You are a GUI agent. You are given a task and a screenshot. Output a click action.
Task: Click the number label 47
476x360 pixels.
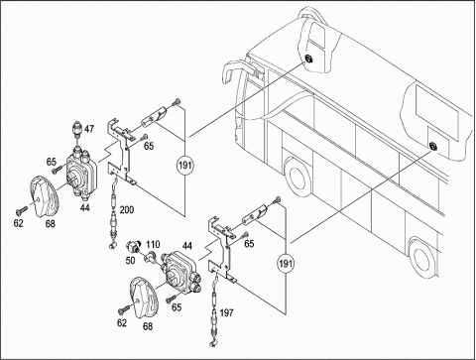click(x=89, y=129)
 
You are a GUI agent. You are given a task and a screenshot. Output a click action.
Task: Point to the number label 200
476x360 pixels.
click(x=127, y=209)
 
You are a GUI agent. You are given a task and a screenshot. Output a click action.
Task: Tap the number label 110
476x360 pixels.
click(x=153, y=245)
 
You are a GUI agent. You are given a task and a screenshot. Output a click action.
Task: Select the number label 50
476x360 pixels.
click(x=130, y=261)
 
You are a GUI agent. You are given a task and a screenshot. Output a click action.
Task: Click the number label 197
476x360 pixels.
click(x=226, y=312)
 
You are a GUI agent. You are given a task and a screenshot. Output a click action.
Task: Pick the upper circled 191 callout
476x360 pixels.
click(x=185, y=165)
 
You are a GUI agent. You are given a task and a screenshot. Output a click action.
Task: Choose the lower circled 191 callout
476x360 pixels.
click(x=286, y=264)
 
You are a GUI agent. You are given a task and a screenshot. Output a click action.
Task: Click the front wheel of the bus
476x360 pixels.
click(x=297, y=177)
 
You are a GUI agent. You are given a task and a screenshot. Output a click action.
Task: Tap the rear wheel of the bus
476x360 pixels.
click(x=421, y=259)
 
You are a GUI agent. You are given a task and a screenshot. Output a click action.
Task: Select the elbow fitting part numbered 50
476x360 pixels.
click(x=133, y=245)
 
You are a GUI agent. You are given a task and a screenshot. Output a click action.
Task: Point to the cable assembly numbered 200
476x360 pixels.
click(x=114, y=211)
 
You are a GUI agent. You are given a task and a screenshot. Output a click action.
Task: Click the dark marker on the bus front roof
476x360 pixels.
click(x=308, y=60)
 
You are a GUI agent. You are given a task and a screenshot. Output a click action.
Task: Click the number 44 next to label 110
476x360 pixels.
click(x=187, y=246)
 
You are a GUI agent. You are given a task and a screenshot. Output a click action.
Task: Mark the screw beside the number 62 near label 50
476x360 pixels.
click(x=124, y=310)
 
